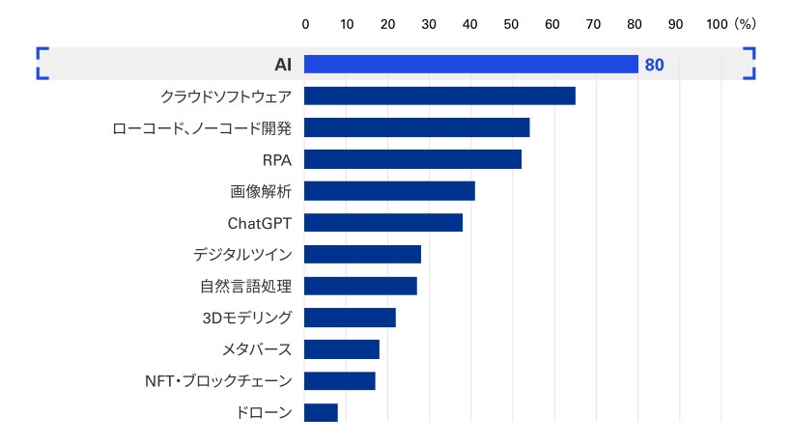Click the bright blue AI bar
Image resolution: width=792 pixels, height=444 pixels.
click(x=471, y=65)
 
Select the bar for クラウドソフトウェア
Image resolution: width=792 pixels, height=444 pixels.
click(x=439, y=96)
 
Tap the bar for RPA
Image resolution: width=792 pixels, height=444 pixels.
click(x=412, y=159)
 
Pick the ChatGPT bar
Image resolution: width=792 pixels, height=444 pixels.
click(x=383, y=223)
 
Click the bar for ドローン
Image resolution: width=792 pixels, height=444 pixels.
click(x=321, y=412)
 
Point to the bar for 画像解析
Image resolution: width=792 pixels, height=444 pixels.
click(x=389, y=191)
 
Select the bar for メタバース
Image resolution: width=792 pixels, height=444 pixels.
click(x=342, y=349)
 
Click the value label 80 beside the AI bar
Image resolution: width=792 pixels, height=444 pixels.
click(x=654, y=66)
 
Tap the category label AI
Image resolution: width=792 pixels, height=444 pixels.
click(x=283, y=65)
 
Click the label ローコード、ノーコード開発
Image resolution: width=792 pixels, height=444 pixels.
click(x=202, y=127)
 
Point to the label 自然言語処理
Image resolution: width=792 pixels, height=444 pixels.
click(x=246, y=287)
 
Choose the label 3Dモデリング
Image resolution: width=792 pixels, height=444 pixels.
click(x=246, y=318)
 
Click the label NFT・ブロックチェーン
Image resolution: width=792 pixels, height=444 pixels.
click(x=217, y=381)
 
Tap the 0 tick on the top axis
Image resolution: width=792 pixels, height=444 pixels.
click(x=305, y=23)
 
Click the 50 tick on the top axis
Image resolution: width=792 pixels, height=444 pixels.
click(x=512, y=23)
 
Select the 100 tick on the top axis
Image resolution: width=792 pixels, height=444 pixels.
click(x=717, y=23)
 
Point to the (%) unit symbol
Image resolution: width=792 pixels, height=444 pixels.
click(x=745, y=23)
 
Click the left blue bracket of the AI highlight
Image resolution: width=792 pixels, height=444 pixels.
click(x=41, y=64)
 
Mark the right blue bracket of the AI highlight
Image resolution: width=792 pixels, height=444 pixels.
click(x=750, y=64)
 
